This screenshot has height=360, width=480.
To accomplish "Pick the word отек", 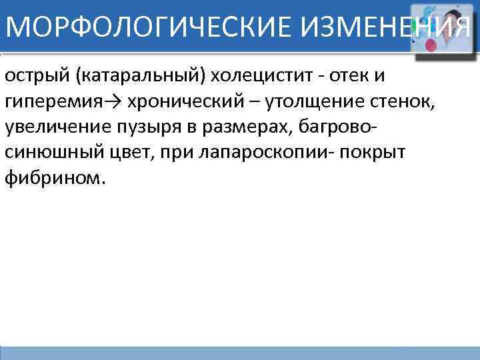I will (x=345, y=75).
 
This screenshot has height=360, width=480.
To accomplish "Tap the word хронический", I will (x=186, y=101).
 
